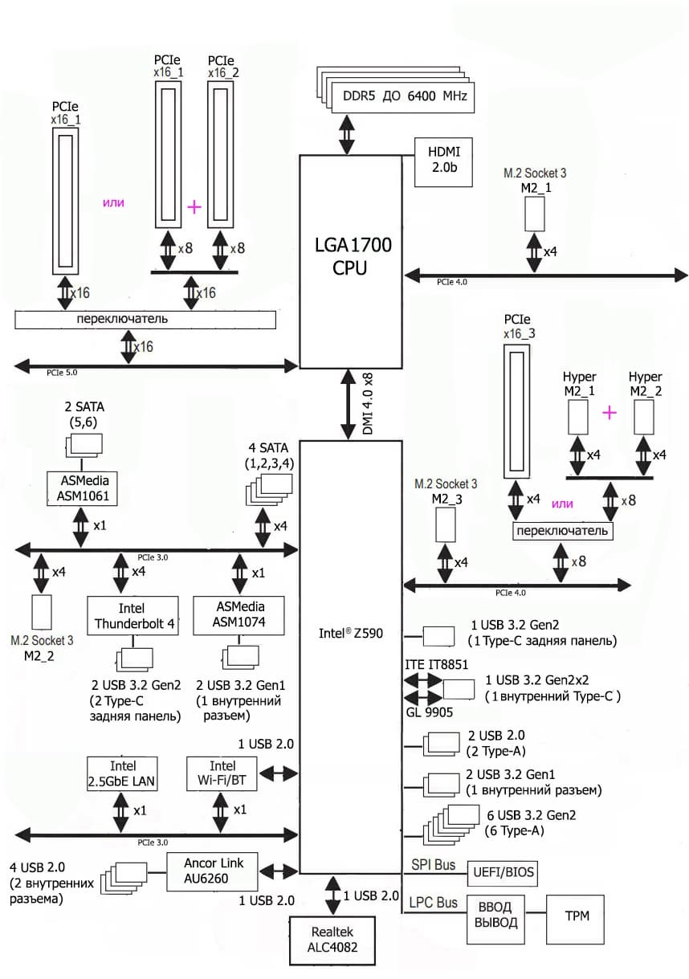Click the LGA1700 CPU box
point(350,257)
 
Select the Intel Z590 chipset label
point(350,634)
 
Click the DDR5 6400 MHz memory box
point(400,96)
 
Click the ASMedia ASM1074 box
point(240,615)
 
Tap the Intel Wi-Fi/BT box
point(222,773)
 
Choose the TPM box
point(574,916)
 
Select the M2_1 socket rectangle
point(535,212)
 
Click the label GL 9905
point(426,712)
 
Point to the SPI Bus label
point(434,865)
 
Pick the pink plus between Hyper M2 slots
point(609,412)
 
